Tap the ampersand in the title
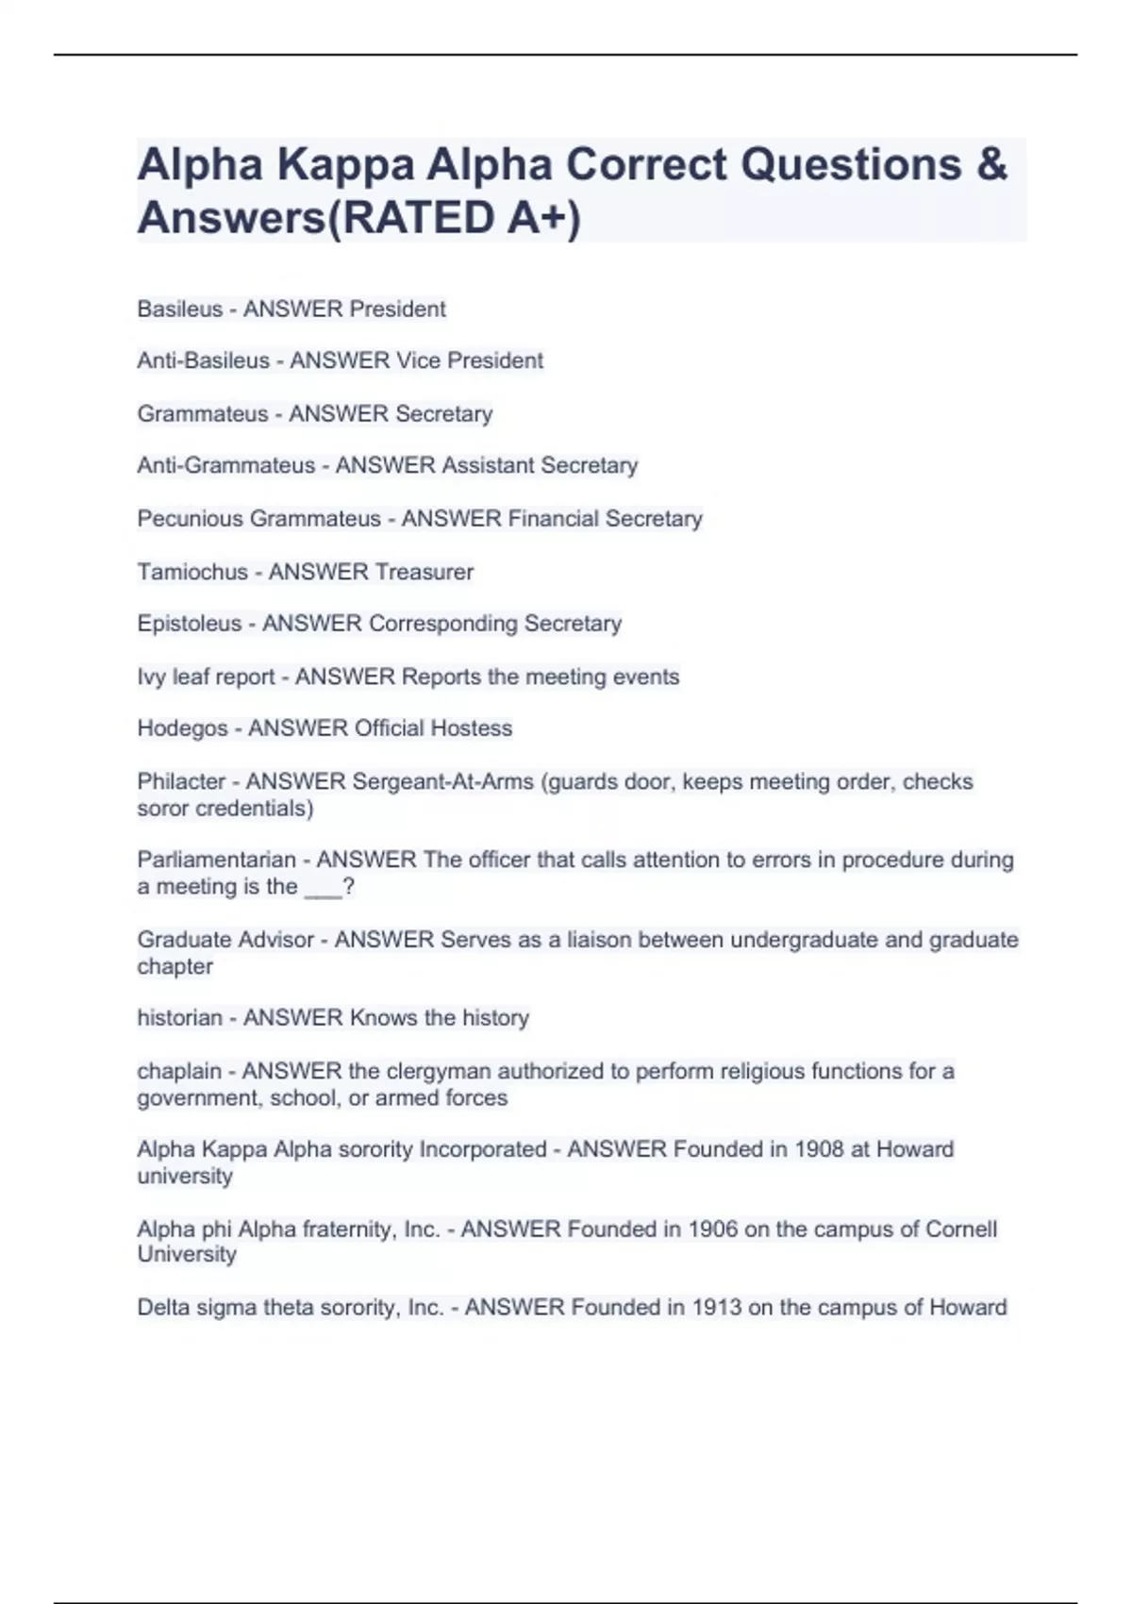pos(991,164)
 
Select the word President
pos(397,309)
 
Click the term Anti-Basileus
pos(203,360)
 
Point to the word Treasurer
pos(424,572)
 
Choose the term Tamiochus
pos(191,572)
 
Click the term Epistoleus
pos(189,624)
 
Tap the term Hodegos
pos(182,728)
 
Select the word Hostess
pos(471,728)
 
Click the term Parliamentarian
pos(216,860)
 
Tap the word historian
pos(179,1018)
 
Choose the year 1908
pos(819,1149)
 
